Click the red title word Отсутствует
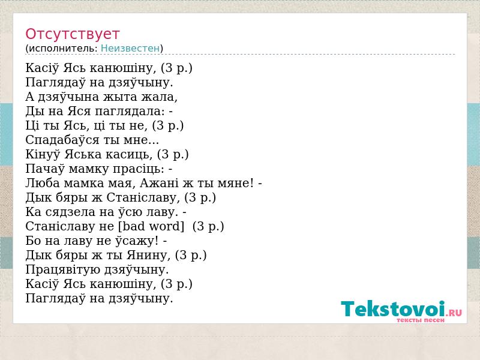pos(72,34)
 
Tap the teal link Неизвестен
pos(130,49)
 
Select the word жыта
pos(121,97)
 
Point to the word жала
pos(159,97)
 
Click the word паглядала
pos(130,111)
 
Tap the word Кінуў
pos(43,154)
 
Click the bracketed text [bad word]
pos(151,226)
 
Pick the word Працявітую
pos(63,269)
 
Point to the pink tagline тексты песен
pos(421,320)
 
